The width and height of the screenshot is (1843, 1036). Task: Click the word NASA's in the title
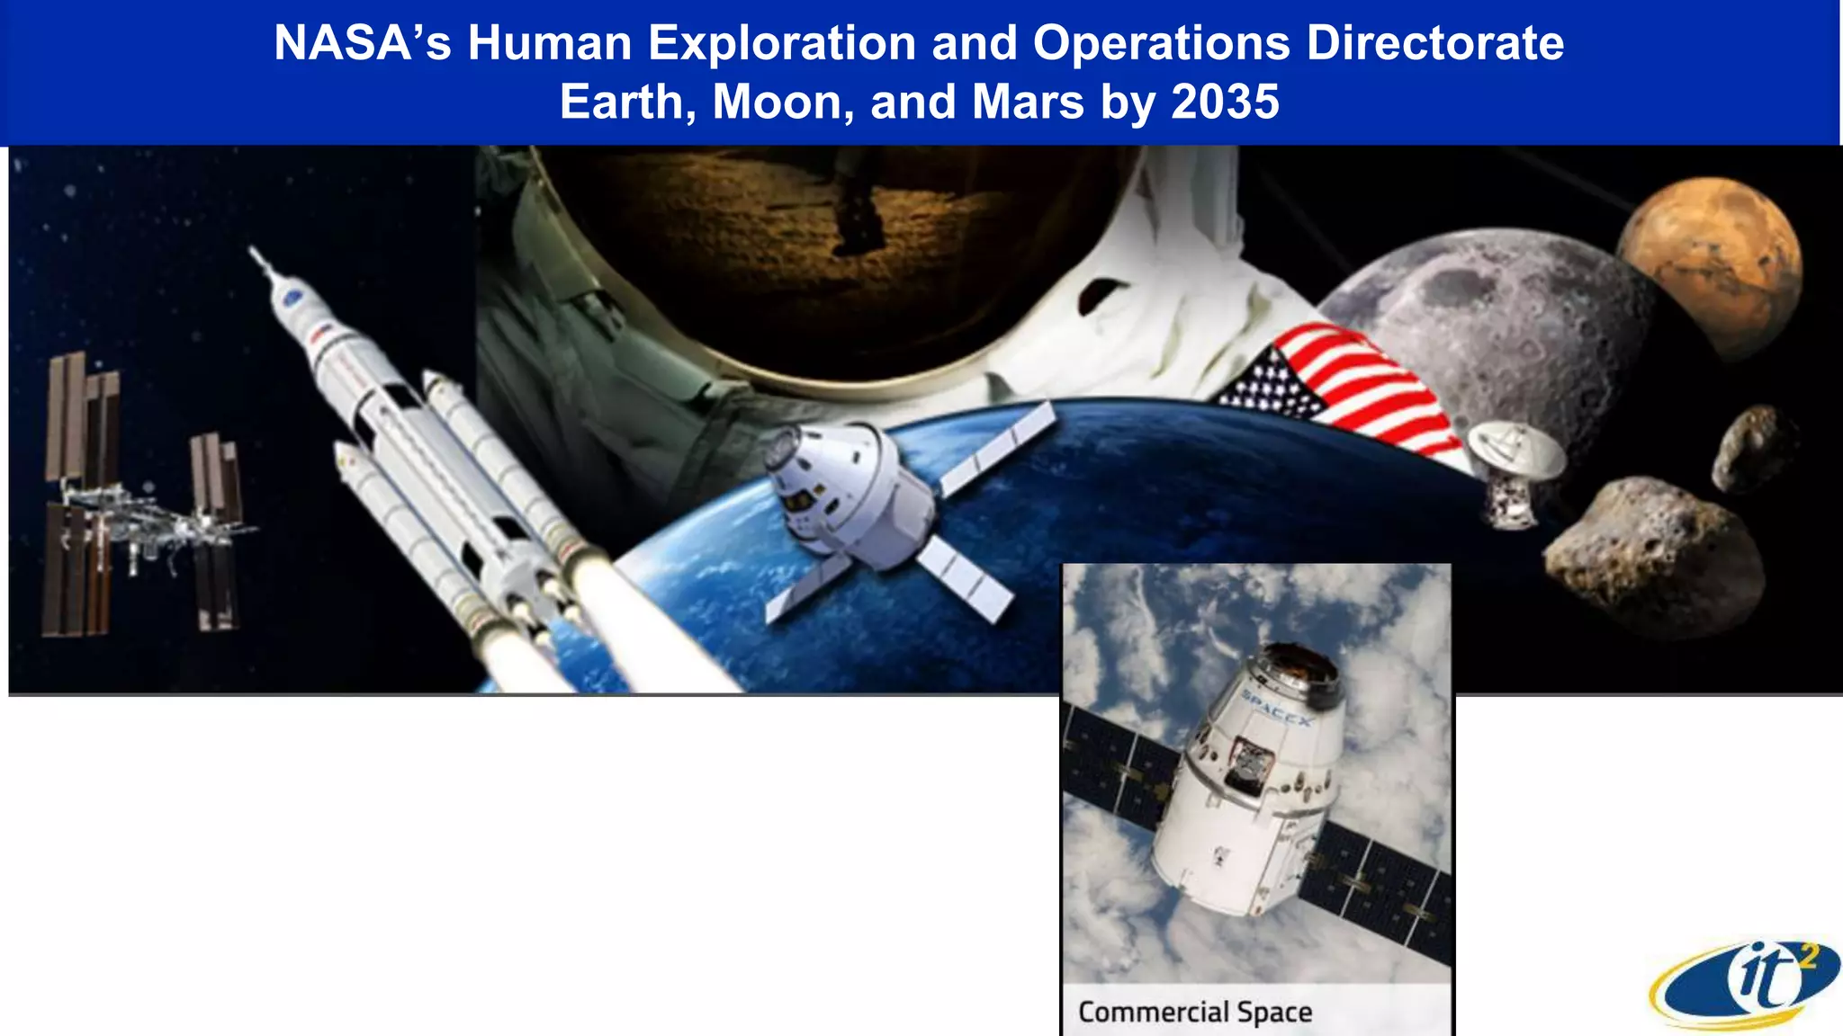coord(362,42)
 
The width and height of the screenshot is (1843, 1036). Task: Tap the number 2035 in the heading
coord(1225,102)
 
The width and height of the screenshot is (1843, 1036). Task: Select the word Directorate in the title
coord(1434,42)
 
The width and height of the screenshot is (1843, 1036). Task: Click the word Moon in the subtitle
coord(782,102)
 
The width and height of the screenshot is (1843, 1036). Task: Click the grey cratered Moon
coord(1494,333)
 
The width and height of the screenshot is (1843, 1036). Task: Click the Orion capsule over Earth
coord(846,495)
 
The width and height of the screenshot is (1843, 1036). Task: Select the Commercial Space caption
coord(1194,1012)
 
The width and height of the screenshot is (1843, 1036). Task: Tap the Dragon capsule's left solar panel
coord(1116,764)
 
